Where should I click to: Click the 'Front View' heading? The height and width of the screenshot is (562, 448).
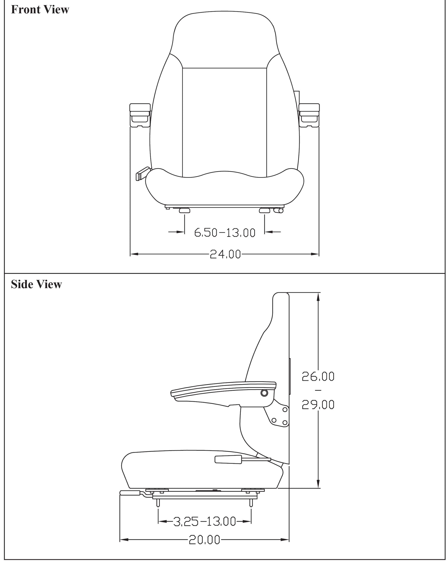pos(40,10)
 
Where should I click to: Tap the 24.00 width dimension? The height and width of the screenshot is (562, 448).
pos(225,254)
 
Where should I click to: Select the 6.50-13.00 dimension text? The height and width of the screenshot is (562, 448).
pos(225,233)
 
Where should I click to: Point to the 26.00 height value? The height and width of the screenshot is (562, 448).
pos(318,376)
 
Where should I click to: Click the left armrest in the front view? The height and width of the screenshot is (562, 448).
pos(140,116)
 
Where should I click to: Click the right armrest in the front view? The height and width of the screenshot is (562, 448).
pos(309,116)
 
